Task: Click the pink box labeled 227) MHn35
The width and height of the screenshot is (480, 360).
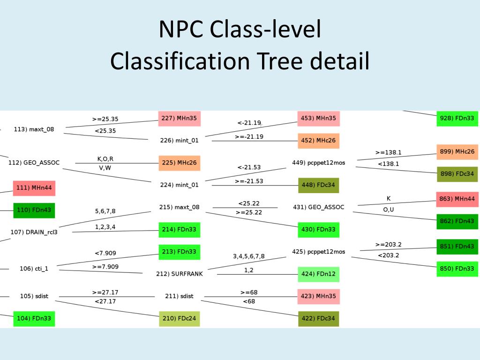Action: [179, 119]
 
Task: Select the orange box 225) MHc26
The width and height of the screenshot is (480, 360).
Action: [179, 163]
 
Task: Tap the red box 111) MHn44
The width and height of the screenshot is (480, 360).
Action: [34, 188]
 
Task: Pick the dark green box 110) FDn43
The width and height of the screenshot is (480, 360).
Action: [34, 210]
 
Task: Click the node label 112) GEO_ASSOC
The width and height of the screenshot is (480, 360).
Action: [34, 163]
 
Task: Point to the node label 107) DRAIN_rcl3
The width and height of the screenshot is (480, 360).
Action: [34, 232]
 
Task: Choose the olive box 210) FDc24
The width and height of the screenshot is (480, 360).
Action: [179, 319]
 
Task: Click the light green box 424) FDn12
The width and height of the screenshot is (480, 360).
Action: [318, 274]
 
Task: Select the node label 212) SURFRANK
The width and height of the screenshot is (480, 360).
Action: [180, 274]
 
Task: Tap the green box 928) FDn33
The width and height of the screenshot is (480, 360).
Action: [457, 118]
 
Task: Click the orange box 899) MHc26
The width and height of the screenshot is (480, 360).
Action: [457, 152]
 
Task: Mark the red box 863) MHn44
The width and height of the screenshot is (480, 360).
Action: [457, 199]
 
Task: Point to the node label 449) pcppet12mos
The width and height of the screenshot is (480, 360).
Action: [318, 163]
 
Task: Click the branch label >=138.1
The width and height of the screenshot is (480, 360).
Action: [388, 152]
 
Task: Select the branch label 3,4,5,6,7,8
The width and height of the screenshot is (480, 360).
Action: [248, 256]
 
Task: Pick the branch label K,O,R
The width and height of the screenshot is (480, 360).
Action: [105, 159]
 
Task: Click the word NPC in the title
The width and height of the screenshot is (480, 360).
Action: [181, 29]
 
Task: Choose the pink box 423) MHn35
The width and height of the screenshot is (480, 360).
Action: [318, 296]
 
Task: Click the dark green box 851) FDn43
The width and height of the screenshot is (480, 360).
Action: [457, 247]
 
